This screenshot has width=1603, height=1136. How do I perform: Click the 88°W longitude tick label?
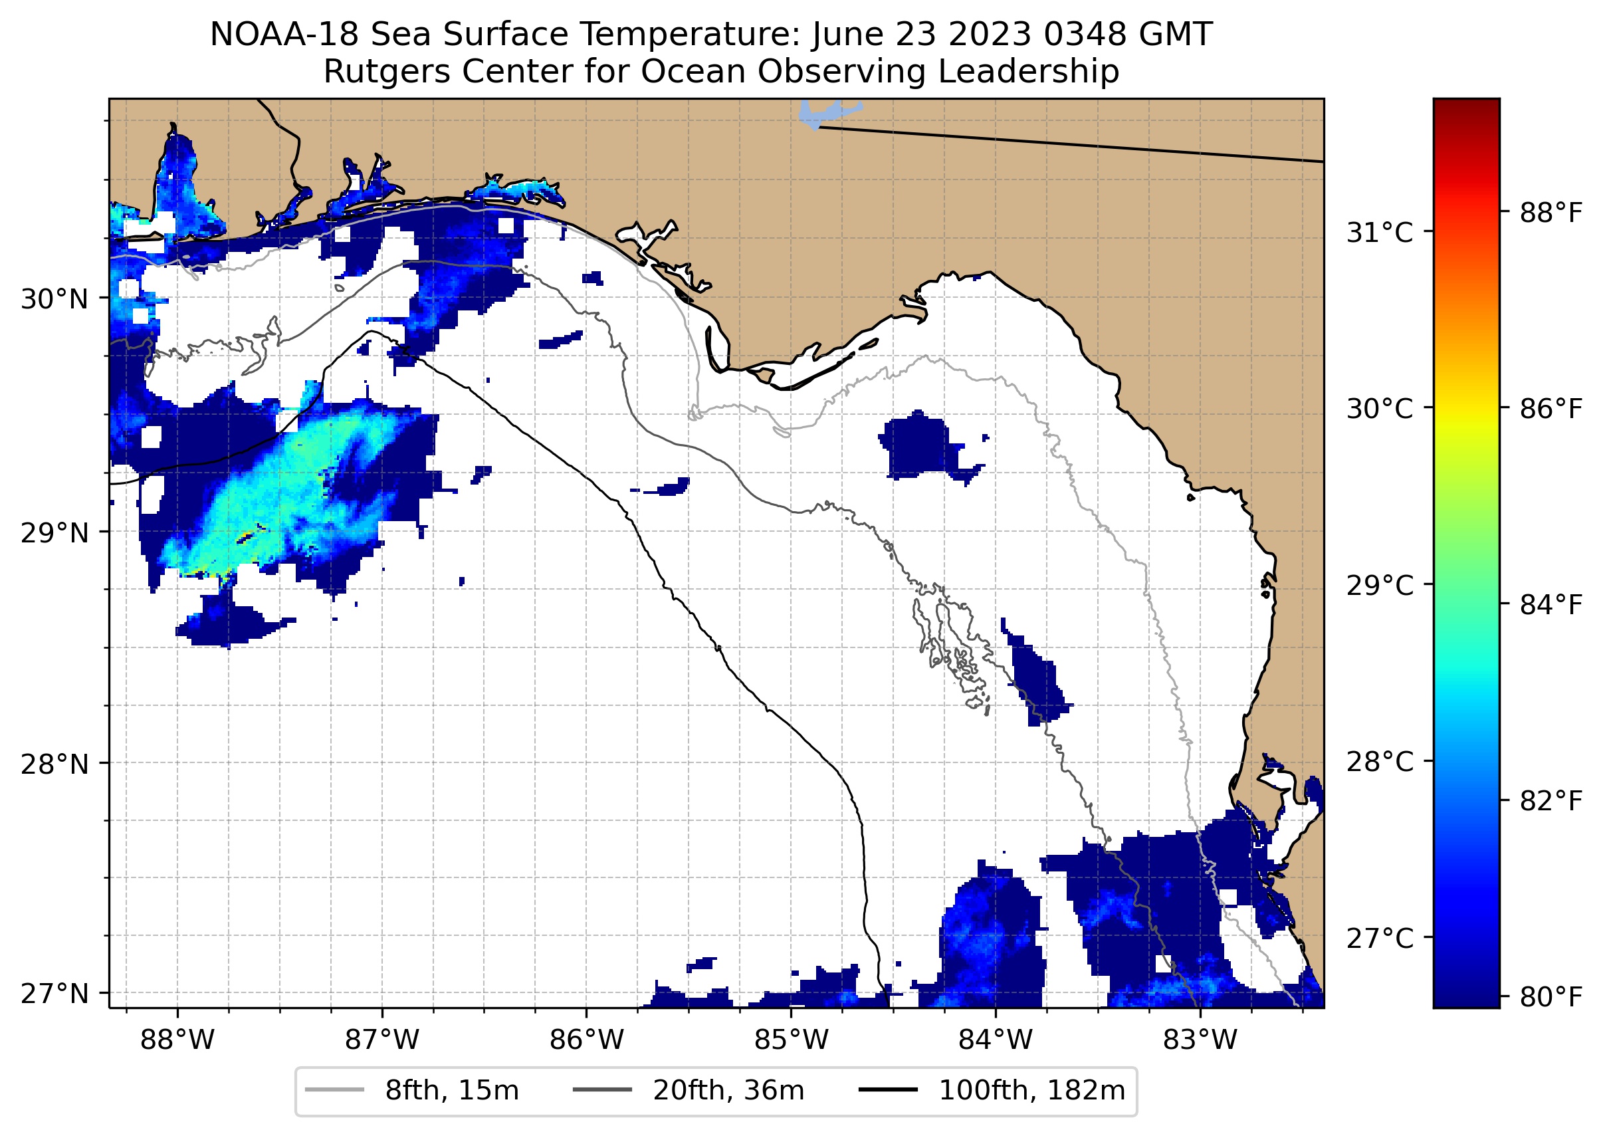[x=177, y=1040]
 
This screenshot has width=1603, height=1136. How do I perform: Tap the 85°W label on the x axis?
[x=791, y=1040]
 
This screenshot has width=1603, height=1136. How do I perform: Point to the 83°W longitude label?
[x=1200, y=1040]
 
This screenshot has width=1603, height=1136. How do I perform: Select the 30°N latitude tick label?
[x=54, y=299]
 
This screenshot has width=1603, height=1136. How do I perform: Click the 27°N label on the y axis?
[x=54, y=993]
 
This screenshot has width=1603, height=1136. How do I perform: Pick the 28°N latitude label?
[x=54, y=764]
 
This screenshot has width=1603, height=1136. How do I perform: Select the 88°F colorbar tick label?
[x=1550, y=213]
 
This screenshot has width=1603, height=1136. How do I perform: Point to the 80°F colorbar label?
[x=1550, y=996]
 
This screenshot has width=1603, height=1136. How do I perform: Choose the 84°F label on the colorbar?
[x=1550, y=604]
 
